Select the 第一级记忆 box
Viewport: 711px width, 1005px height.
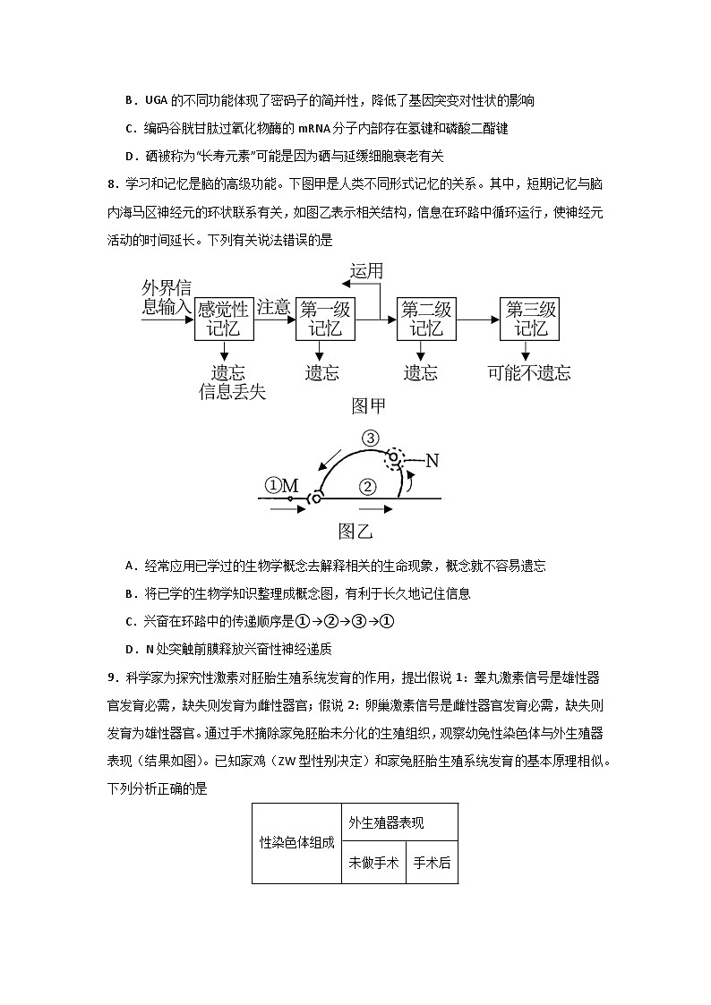325,319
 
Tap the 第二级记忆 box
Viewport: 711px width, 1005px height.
426,319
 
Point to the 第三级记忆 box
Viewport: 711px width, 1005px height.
530,319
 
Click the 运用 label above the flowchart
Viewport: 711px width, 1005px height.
366,271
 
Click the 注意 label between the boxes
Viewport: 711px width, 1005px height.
274,308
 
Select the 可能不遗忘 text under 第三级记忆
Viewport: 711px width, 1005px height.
529,373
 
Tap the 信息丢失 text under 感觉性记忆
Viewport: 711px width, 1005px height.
233,392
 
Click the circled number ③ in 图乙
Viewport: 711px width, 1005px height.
370,438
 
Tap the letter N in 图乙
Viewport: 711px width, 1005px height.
432,461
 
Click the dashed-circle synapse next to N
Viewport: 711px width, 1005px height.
395,458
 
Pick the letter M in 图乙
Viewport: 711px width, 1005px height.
289,486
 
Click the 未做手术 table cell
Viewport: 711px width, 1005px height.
373,863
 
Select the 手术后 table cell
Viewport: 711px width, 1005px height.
433,863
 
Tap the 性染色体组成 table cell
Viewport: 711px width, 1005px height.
296,843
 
